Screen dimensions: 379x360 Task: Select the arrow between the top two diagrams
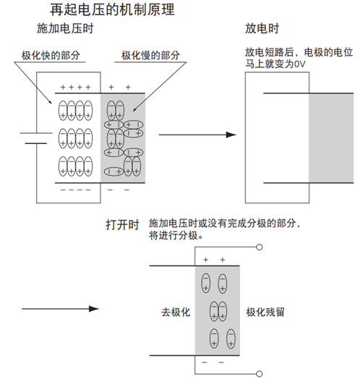click(197, 135)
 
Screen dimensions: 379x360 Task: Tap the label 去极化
click(175, 312)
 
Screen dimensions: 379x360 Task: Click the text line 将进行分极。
click(176, 236)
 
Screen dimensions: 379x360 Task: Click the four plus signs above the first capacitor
click(75, 86)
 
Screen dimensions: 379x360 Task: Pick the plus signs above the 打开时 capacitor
click(213, 260)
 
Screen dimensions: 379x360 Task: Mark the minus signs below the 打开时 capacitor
click(213, 362)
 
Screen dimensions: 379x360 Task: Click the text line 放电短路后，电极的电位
click(298, 52)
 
